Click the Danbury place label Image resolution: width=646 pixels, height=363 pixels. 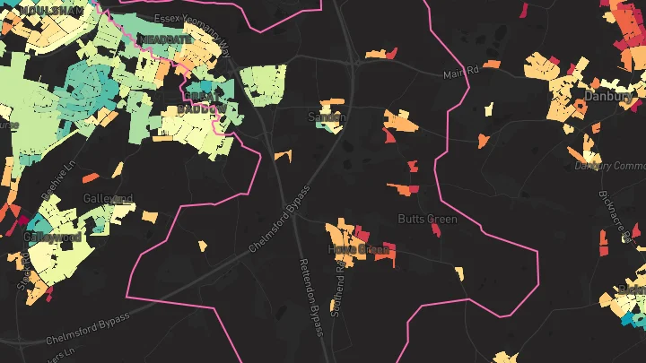coord(609,95)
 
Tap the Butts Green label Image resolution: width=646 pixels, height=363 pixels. coord(427,220)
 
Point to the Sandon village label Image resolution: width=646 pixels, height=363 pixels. coord(327,117)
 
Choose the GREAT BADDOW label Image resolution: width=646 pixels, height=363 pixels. coord(201,101)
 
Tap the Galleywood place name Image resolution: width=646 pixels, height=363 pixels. coord(53,238)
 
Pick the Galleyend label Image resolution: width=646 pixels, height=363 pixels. coord(108,198)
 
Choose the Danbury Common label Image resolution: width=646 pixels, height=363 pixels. coord(610,166)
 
